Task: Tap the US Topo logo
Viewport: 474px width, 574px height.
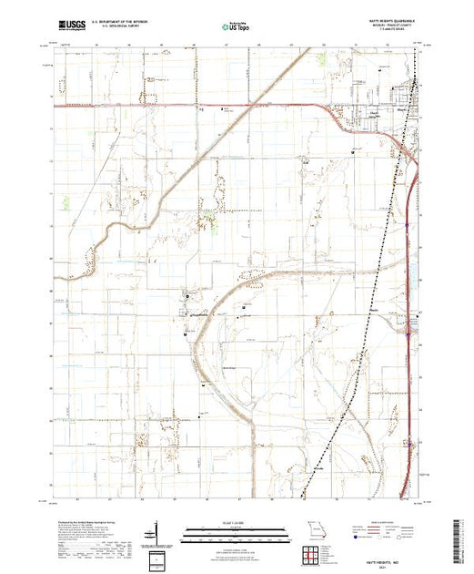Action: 236,28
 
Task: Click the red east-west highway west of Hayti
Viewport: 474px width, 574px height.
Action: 182,106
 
